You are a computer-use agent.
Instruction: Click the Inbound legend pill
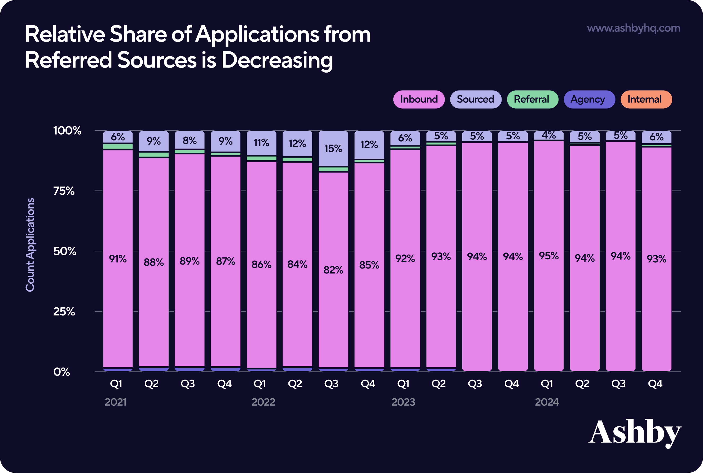[x=419, y=99]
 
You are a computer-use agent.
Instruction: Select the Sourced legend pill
[x=475, y=99]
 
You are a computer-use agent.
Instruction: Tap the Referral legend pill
[x=533, y=99]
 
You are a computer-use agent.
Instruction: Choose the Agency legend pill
[x=589, y=99]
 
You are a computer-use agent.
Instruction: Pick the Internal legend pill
[x=646, y=99]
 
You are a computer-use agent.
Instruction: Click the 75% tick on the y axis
[x=64, y=191]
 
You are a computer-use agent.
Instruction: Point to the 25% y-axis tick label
[x=64, y=311]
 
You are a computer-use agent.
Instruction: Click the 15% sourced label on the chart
[x=333, y=148]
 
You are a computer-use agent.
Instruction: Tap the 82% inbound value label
[x=333, y=270]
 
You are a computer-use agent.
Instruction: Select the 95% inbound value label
[x=549, y=256]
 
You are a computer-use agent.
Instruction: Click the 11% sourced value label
[x=261, y=142]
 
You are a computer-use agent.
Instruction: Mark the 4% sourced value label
[x=549, y=135]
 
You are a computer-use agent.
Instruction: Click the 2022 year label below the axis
[x=263, y=402]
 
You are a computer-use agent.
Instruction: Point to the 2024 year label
[x=547, y=402]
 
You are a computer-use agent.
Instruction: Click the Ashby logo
[x=635, y=432]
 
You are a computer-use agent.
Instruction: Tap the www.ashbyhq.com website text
[x=633, y=28]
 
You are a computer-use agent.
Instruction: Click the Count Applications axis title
[x=30, y=245]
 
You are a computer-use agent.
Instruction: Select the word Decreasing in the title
[x=277, y=60]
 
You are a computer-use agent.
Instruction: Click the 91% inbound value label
[x=118, y=259]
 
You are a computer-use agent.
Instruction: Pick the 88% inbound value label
[x=154, y=262]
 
